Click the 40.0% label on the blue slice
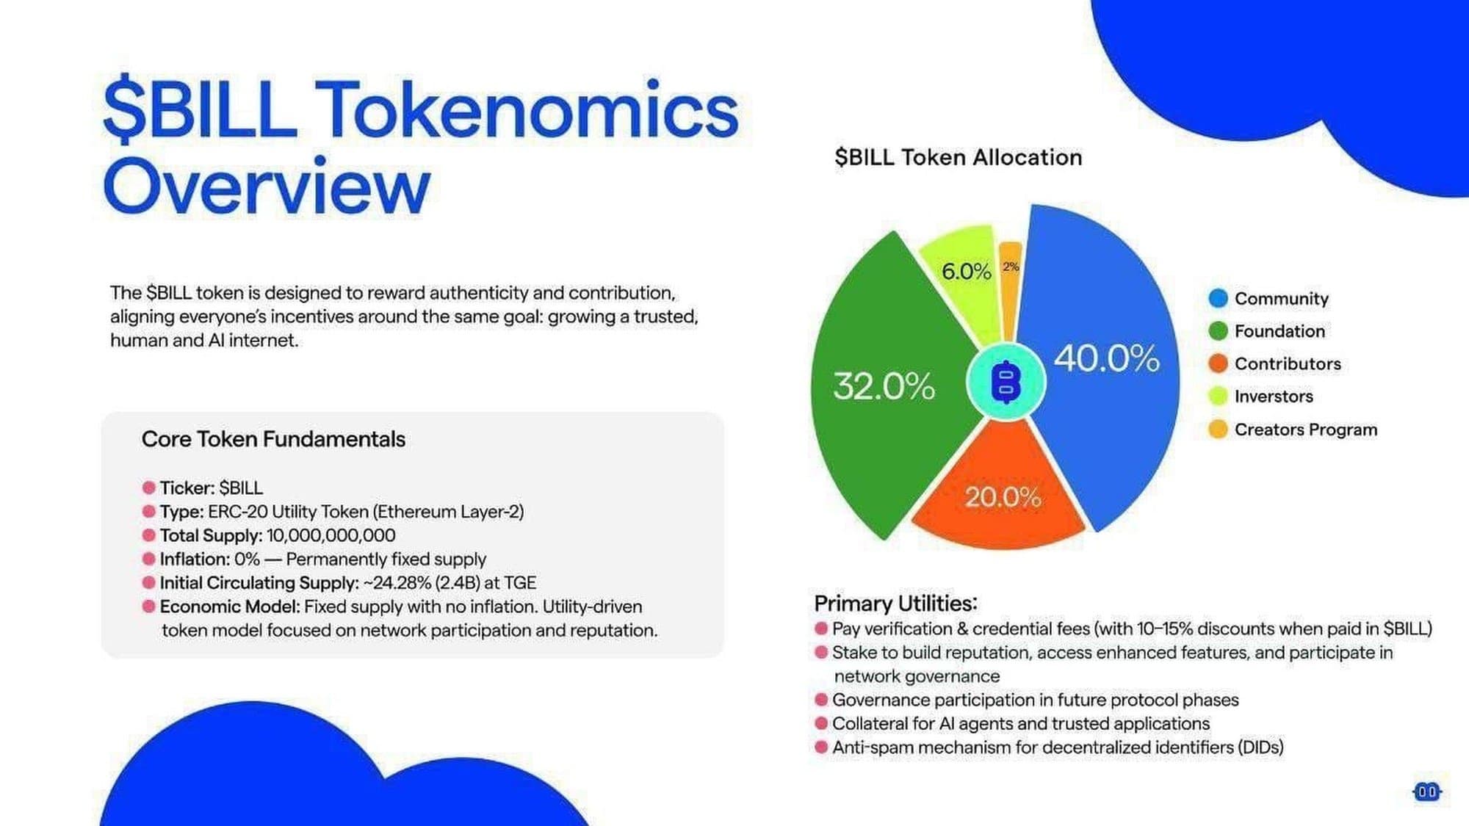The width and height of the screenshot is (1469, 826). pyautogui.click(x=1107, y=359)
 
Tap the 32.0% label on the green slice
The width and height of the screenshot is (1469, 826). pyautogui.click(x=884, y=386)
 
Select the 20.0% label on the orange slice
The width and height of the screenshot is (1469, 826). pyautogui.click(x=1003, y=497)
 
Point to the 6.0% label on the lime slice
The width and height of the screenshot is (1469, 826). pyautogui.click(x=966, y=272)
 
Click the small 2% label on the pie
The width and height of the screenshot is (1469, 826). pyautogui.click(x=1011, y=267)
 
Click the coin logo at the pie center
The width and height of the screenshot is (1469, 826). pyautogui.click(x=1006, y=382)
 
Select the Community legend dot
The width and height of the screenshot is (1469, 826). pyautogui.click(x=1218, y=298)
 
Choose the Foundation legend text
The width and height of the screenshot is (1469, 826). pyautogui.click(x=1279, y=331)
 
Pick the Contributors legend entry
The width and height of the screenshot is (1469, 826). pyautogui.click(x=1275, y=363)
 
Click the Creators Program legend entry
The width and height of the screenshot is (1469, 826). pyautogui.click(x=1293, y=430)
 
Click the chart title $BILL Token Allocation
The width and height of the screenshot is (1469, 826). pyautogui.click(x=959, y=157)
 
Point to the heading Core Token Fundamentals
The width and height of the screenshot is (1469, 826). pyautogui.click(x=273, y=439)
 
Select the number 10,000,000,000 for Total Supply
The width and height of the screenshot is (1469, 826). pyautogui.click(x=331, y=536)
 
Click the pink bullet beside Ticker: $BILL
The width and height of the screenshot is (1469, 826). pyautogui.click(x=148, y=488)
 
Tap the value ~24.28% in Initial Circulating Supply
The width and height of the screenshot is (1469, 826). pyautogui.click(x=397, y=583)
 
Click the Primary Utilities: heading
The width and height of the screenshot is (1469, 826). pyautogui.click(x=896, y=604)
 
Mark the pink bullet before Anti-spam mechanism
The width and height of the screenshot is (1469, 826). pyautogui.click(x=821, y=747)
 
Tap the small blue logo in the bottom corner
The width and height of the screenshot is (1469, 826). pyautogui.click(x=1427, y=791)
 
